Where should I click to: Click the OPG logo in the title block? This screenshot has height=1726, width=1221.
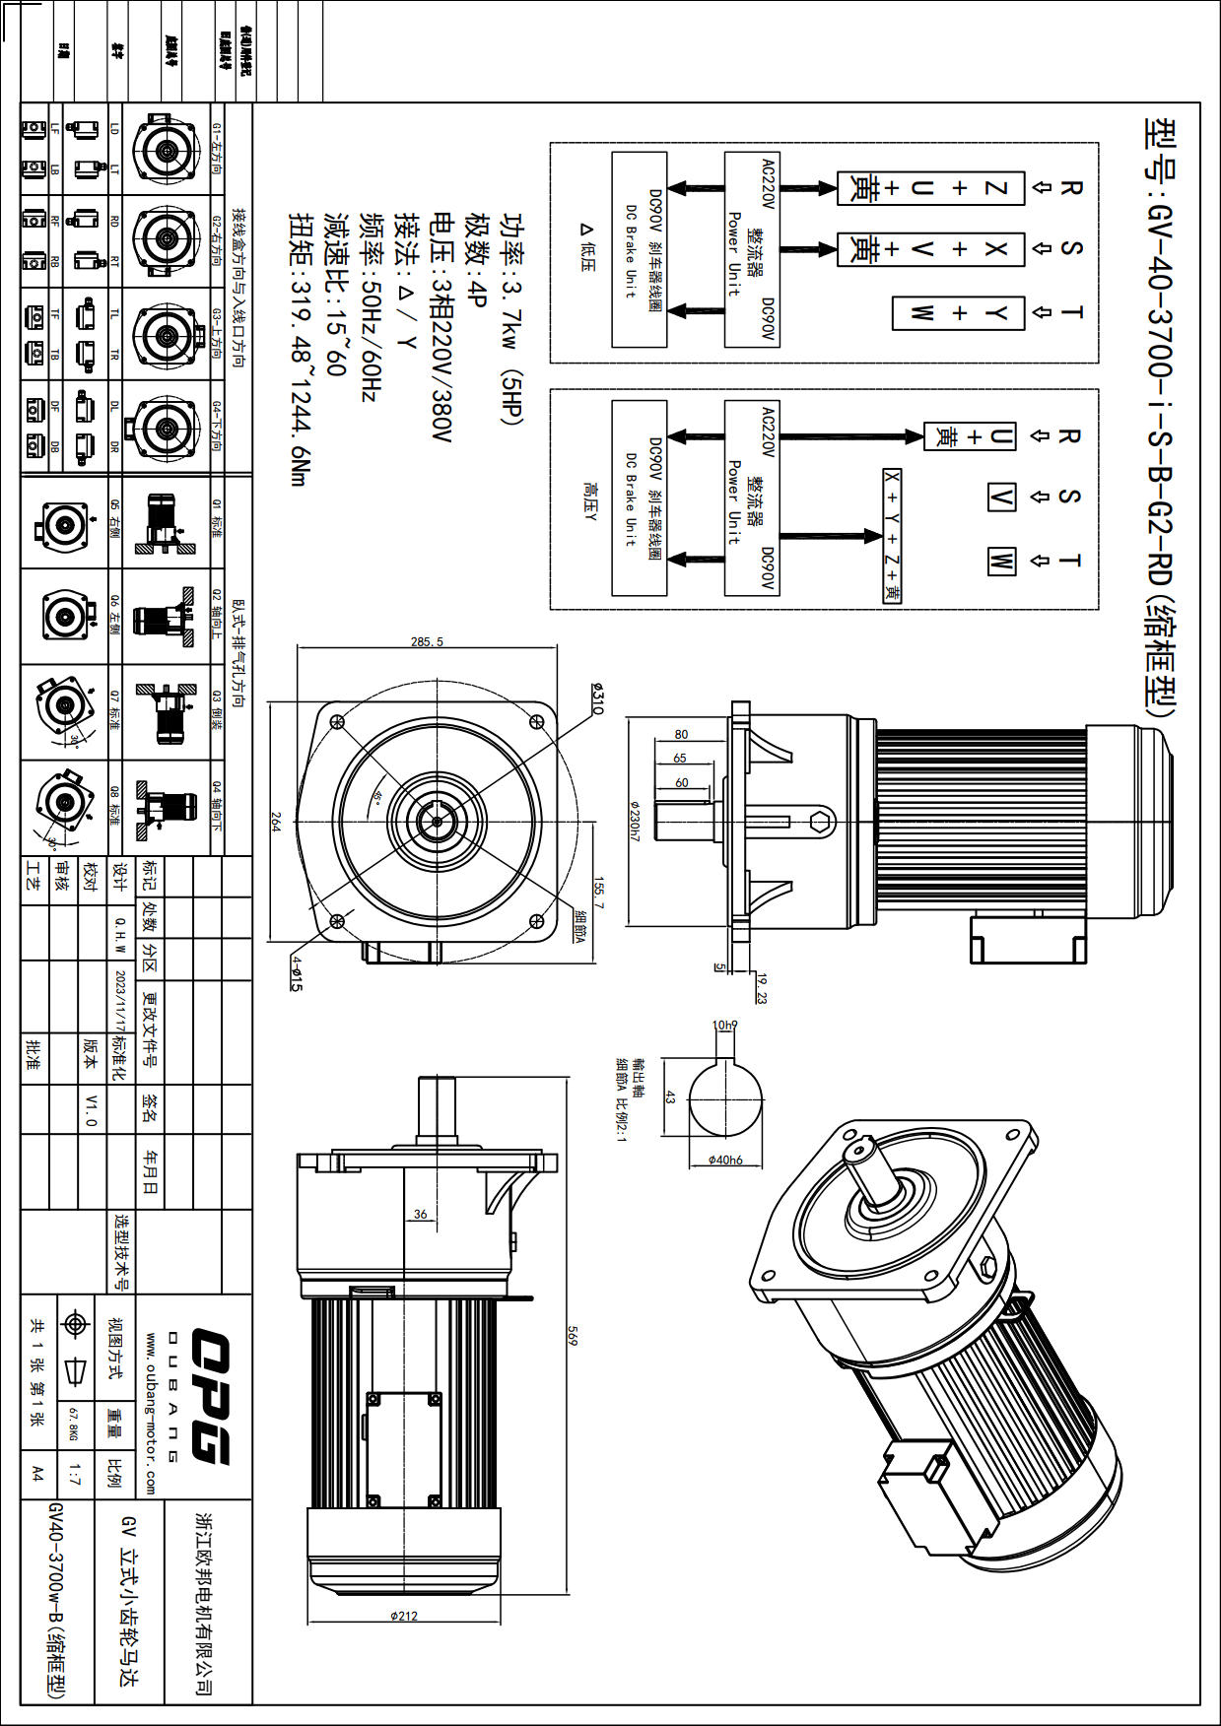click(x=210, y=1395)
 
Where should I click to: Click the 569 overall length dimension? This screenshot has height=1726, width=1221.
click(x=573, y=1336)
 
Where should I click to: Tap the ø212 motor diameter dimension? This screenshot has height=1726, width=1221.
click(x=404, y=1616)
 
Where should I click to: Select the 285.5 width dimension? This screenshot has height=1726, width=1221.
click(x=427, y=642)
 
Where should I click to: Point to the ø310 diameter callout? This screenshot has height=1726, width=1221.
click(x=598, y=697)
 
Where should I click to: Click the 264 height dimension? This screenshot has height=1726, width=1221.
click(x=277, y=822)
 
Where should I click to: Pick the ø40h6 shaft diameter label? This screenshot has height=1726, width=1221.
click(x=725, y=1160)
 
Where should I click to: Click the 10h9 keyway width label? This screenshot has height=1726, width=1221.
click(x=724, y=1026)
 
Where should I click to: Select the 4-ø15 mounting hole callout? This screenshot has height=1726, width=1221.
click(x=296, y=972)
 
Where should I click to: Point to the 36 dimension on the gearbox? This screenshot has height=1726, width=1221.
click(x=421, y=1214)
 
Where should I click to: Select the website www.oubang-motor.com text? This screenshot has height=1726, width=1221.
click(x=150, y=1414)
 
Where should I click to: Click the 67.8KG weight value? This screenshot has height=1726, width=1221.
click(x=73, y=1424)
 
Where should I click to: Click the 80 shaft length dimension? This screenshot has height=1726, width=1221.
click(x=682, y=734)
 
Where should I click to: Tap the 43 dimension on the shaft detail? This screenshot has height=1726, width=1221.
click(x=670, y=1096)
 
